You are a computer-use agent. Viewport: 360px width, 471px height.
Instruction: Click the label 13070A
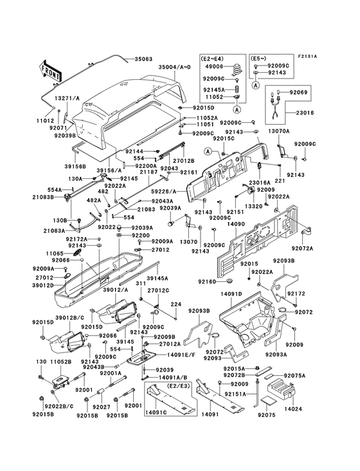click(278, 131)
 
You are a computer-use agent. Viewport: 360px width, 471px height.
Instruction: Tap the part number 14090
click(237, 225)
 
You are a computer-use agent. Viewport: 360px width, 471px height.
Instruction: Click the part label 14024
click(292, 409)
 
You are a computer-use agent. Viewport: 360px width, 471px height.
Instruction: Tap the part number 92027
click(101, 407)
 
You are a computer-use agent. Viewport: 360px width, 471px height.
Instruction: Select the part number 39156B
click(57, 165)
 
